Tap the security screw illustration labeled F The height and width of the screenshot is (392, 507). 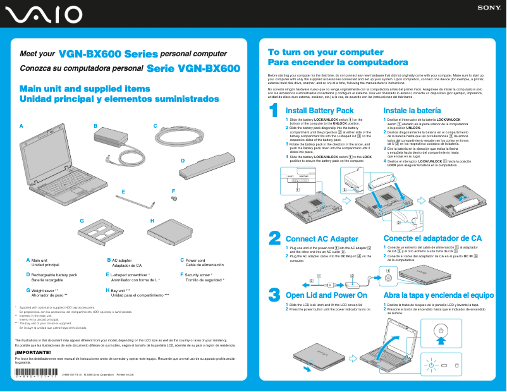(174, 198)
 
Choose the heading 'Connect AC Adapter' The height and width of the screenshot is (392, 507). (322, 238)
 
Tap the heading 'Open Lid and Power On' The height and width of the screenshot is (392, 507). (326, 295)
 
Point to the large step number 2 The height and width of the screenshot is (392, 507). (274, 237)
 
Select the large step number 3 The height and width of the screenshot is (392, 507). (274, 294)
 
